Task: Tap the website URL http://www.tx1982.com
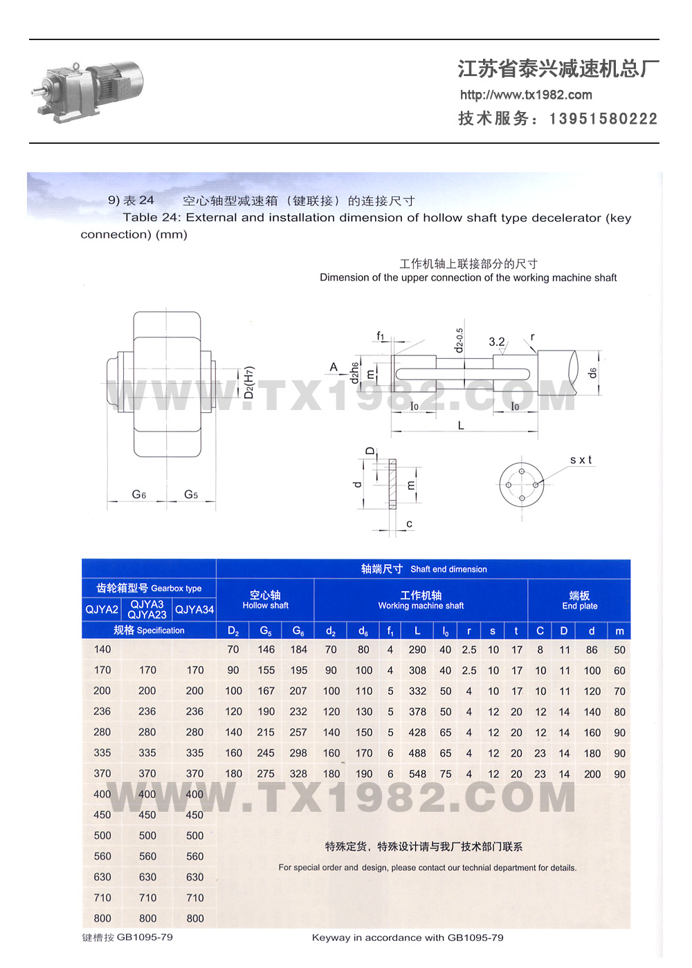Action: pyautogui.click(x=526, y=95)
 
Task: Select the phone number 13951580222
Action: pyautogui.click(x=603, y=119)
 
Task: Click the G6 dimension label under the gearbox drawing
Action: pyautogui.click(x=139, y=494)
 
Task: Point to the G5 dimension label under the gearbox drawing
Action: pyautogui.click(x=191, y=494)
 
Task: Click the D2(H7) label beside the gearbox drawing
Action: pyautogui.click(x=249, y=382)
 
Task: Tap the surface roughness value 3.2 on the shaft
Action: pyautogui.click(x=497, y=342)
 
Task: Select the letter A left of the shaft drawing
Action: pyautogui.click(x=334, y=367)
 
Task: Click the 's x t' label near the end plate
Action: pyautogui.click(x=581, y=460)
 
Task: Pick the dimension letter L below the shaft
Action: pyautogui.click(x=461, y=426)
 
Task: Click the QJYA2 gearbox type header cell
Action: pyautogui.click(x=102, y=609)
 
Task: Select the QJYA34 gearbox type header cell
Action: pyautogui.click(x=194, y=609)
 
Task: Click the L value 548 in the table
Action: pyautogui.click(x=417, y=774)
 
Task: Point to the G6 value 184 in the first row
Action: pyautogui.click(x=298, y=649)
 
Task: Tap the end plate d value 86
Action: pyautogui.click(x=592, y=650)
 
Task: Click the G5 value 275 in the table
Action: pyautogui.click(x=266, y=774)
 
